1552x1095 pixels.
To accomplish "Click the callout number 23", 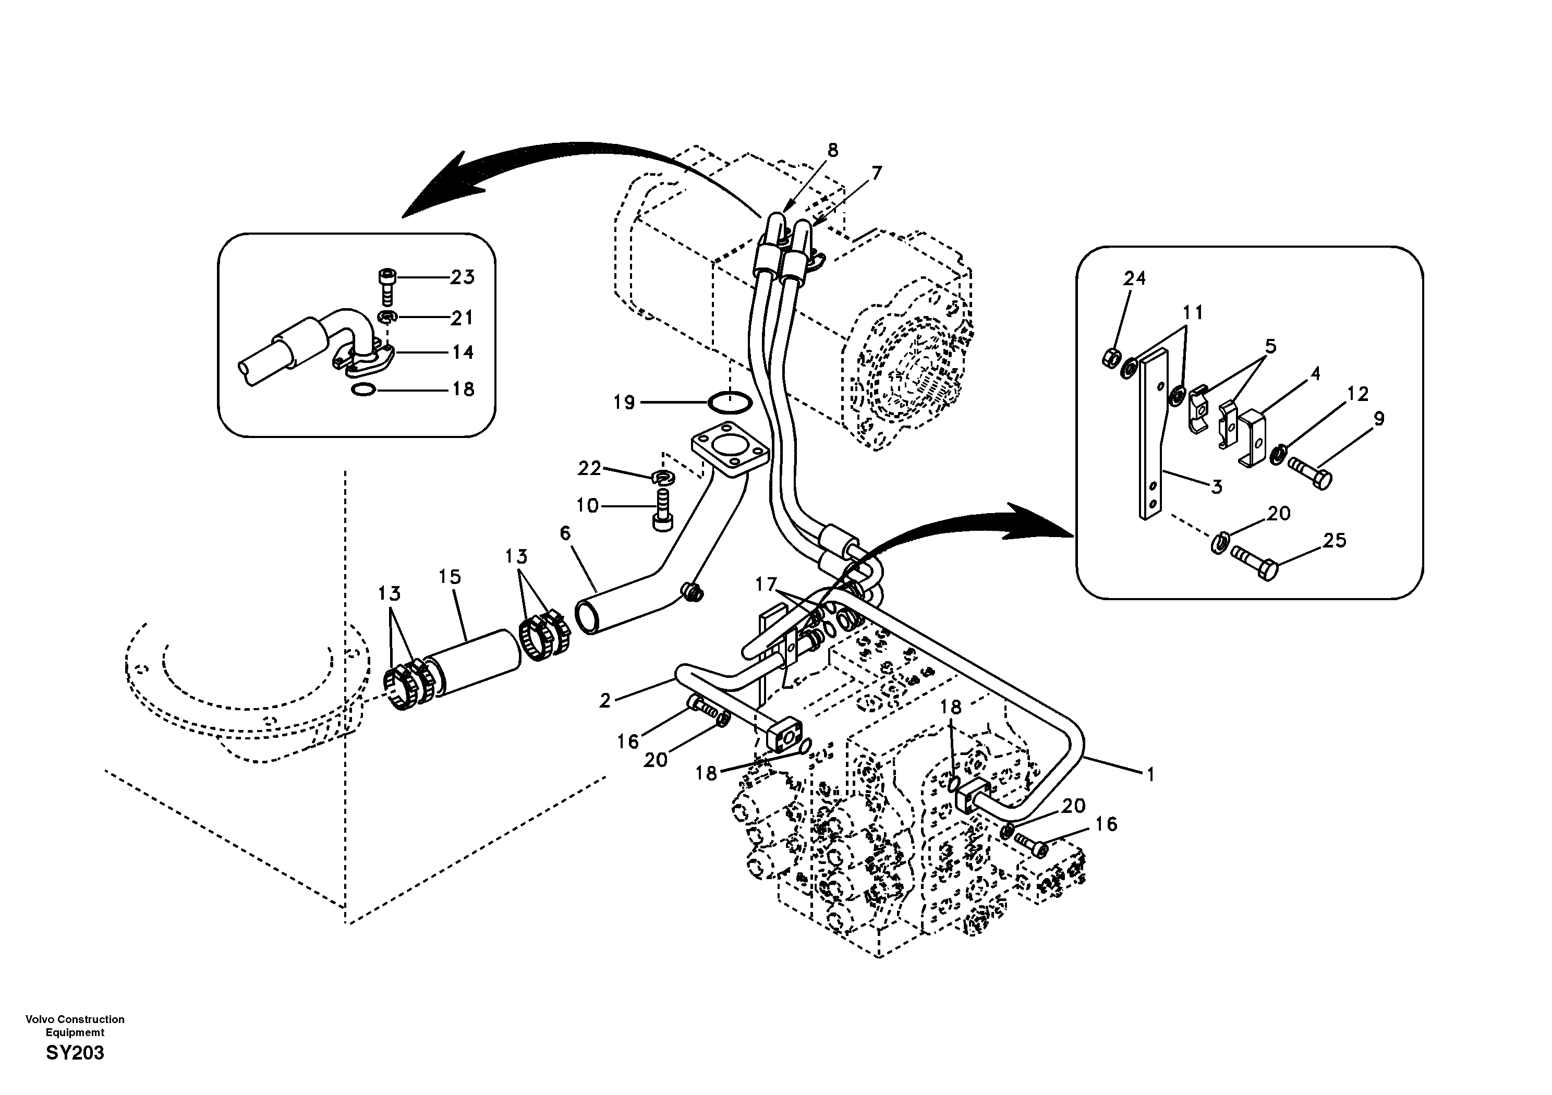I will click(x=463, y=277).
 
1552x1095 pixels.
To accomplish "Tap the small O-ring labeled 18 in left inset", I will click(x=363, y=390).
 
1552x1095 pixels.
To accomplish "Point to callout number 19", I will click(x=624, y=403).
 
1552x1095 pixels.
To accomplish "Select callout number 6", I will click(x=565, y=533).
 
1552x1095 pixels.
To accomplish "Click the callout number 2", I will click(x=605, y=700).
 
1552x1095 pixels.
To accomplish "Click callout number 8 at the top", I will click(x=833, y=150).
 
